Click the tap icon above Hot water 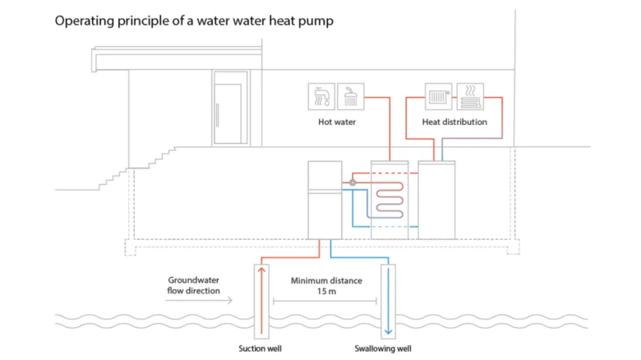tap(321, 96)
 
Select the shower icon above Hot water tap(351, 96)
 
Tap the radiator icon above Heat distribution tap(438, 96)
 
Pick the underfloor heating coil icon tap(470, 96)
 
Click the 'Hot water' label tap(337, 122)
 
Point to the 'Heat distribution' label tap(454, 122)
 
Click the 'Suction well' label tap(260, 348)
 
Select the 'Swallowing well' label tap(383, 348)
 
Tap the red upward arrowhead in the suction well tap(261, 270)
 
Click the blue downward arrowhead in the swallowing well tap(389, 331)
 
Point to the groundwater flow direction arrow tap(199, 301)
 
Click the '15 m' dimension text tap(326, 291)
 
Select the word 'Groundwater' tap(193, 280)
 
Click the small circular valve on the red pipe tap(353, 182)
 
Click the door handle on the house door tap(218, 115)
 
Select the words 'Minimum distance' tap(326, 280)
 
